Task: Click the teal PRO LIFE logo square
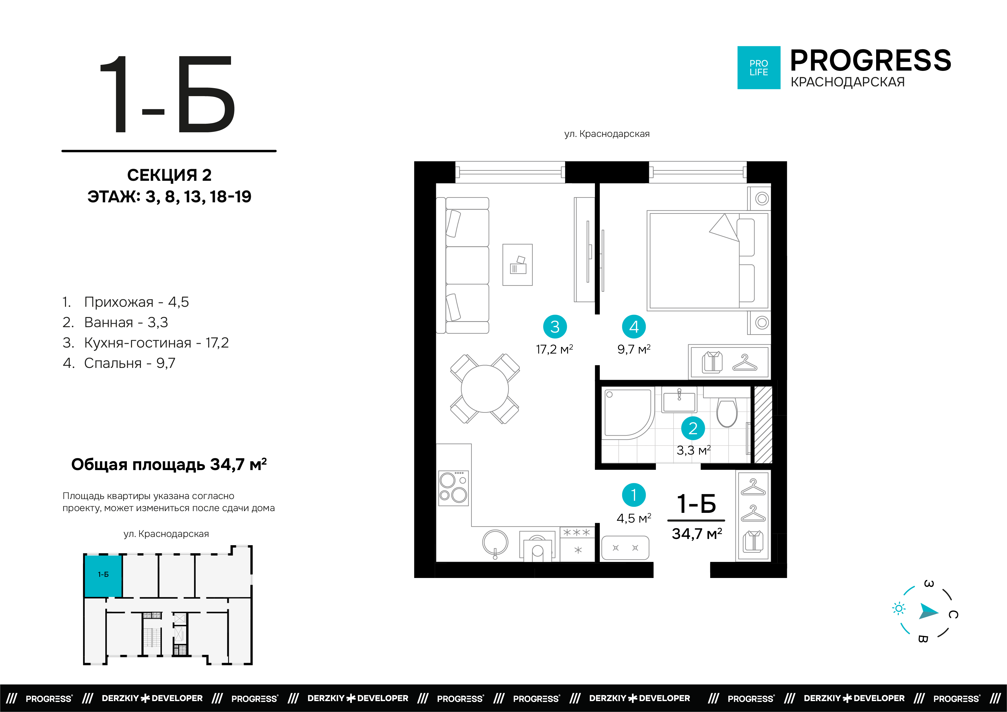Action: [759, 67]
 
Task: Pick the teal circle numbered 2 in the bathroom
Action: [693, 428]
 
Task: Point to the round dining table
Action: [485, 389]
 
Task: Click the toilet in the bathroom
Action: [727, 412]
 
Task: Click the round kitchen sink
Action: [495, 543]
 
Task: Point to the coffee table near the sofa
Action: [517, 265]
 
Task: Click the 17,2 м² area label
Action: [554, 350]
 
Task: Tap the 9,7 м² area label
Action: [634, 350]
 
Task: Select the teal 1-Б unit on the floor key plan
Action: [103, 576]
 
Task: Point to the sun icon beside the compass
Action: [899, 608]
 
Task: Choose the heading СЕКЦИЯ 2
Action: [169, 175]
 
